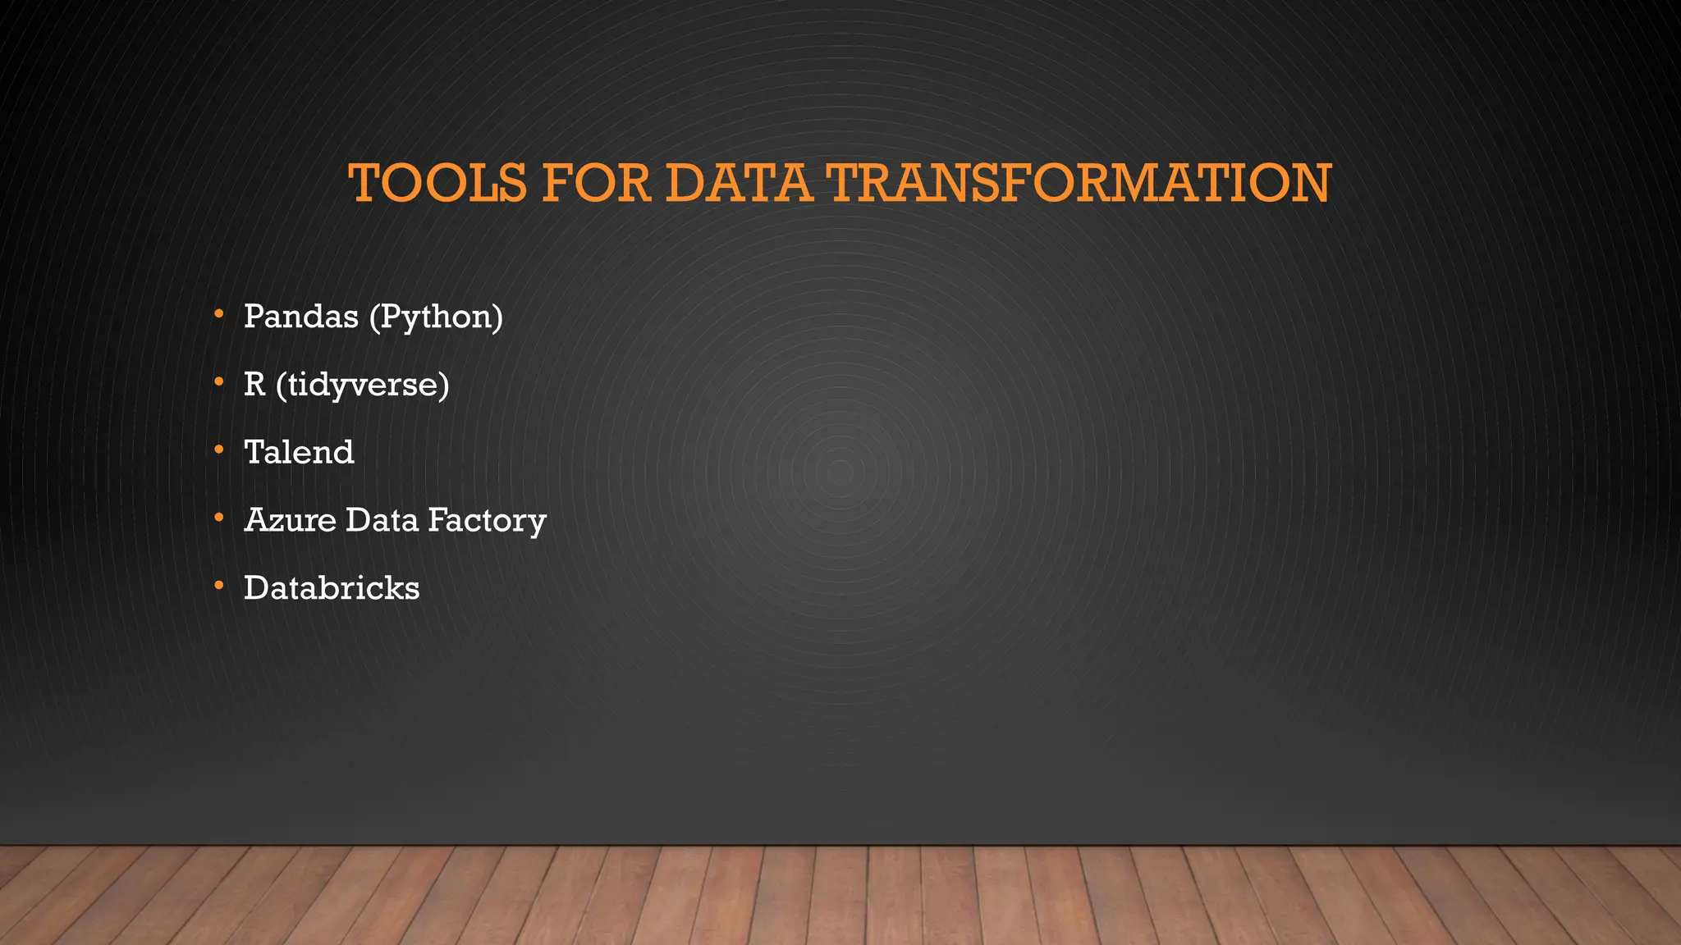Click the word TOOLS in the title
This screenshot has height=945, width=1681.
(437, 183)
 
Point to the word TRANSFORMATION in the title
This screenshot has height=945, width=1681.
(1079, 183)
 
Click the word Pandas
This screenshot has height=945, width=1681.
(301, 317)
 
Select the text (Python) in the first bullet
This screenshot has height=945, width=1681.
(436, 317)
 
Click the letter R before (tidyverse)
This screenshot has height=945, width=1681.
(254, 385)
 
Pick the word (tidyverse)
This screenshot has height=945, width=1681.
(363, 385)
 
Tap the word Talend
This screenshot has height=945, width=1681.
(299, 453)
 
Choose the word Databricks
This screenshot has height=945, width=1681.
(332, 588)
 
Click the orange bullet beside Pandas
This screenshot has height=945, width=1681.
(218, 314)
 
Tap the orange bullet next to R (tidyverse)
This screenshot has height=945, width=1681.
(218, 382)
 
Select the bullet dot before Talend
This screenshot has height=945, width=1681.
(218, 450)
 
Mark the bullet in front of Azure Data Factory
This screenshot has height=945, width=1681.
(218, 518)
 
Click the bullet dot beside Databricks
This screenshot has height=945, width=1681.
(218, 586)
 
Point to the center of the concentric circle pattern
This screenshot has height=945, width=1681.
(840, 472)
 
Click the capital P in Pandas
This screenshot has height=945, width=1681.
(254, 317)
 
